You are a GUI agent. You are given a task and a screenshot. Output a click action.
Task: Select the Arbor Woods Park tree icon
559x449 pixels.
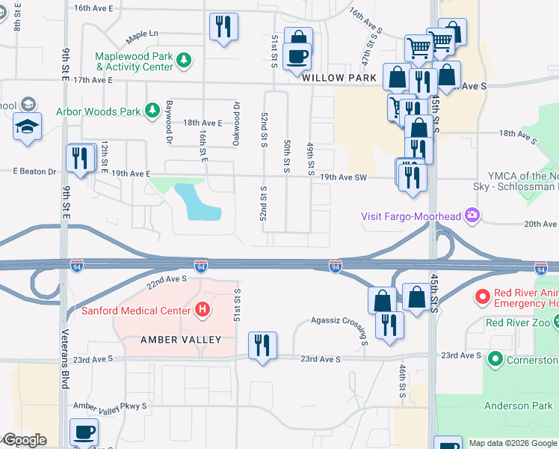(x=152, y=112)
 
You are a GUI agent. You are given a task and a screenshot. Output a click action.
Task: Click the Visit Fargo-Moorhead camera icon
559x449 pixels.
(x=472, y=216)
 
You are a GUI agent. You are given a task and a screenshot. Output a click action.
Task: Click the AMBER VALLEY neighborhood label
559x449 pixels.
(x=181, y=340)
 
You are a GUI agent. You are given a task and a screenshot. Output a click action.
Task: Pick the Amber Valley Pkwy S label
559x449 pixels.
(x=110, y=406)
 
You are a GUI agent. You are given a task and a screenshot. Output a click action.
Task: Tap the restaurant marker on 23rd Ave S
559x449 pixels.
(x=262, y=346)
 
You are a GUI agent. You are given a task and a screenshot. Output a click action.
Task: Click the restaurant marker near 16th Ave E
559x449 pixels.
(x=223, y=28)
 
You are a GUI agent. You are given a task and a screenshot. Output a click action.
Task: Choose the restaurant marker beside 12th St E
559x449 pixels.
(x=79, y=158)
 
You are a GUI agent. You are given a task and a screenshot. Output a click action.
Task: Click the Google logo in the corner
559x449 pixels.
(x=25, y=440)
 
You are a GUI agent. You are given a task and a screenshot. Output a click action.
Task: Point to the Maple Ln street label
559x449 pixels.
(x=143, y=34)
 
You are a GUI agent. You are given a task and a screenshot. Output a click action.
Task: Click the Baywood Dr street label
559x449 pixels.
(x=170, y=123)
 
